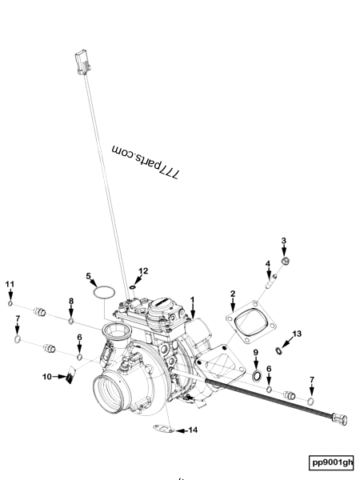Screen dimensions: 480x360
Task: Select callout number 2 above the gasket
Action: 233,294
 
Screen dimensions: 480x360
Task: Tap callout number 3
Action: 283,241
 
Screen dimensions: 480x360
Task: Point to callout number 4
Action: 268,263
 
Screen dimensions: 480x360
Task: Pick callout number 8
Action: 71,301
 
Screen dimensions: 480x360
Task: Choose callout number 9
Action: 256,353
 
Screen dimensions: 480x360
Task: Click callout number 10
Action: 47,376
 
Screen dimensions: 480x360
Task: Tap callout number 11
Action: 10,284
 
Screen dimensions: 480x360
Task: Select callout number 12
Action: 143,271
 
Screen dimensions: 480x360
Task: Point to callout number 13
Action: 297,334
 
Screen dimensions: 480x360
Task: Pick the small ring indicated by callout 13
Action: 278,350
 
